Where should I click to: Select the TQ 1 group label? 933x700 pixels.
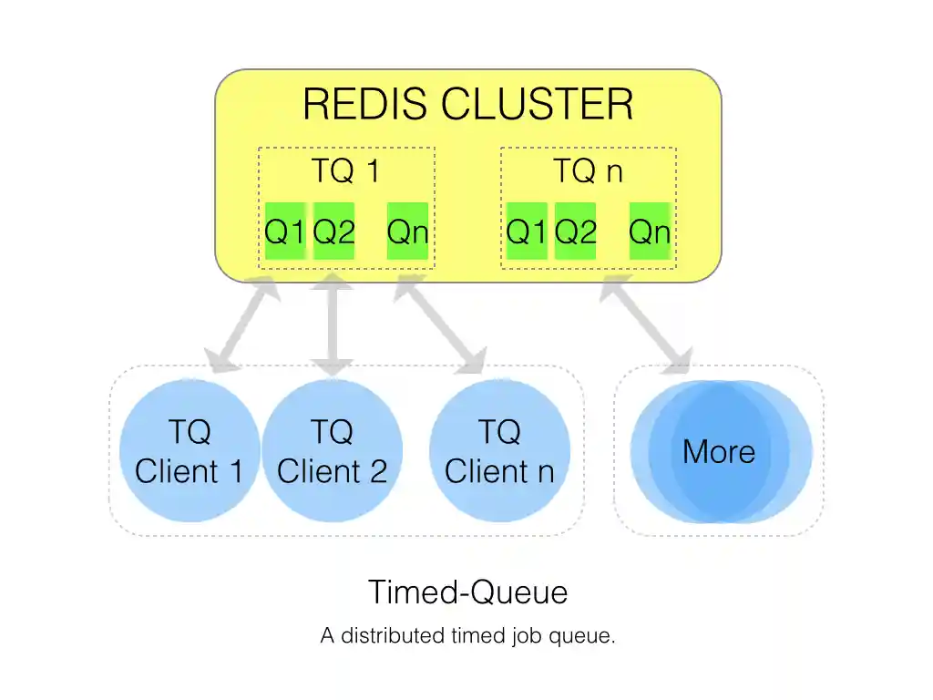(345, 171)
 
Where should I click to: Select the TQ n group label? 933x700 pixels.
(589, 171)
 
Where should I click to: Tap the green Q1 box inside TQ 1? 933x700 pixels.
(284, 232)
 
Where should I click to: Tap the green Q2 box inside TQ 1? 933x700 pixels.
(333, 232)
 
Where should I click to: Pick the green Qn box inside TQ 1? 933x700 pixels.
(407, 232)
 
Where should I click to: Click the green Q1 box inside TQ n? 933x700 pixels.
(527, 232)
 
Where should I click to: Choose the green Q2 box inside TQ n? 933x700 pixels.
(576, 232)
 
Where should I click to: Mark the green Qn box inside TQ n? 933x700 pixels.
(650, 232)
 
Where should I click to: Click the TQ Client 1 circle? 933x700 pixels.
(190, 451)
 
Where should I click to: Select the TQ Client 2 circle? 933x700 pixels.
(332, 451)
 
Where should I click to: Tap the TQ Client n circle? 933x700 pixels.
(499, 451)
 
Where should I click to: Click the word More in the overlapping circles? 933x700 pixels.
(719, 451)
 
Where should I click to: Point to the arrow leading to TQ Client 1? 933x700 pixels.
(241, 326)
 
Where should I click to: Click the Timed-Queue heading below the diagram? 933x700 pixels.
(467, 592)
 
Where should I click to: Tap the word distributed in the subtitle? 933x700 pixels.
(393, 636)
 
